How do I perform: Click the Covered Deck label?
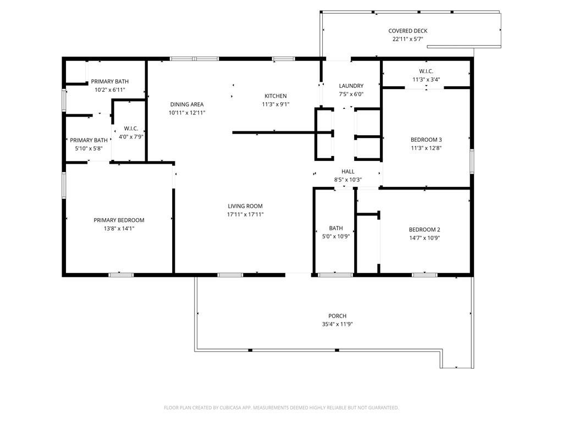click(x=407, y=31)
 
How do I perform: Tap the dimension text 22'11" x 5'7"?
click(x=407, y=39)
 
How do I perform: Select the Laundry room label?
click(x=351, y=86)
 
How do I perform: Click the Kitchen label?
click(x=275, y=96)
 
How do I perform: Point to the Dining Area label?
click(x=187, y=104)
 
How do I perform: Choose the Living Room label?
click(x=245, y=207)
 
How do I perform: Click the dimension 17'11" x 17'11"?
click(x=245, y=214)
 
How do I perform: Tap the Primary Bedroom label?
click(x=119, y=220)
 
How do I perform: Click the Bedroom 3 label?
click(x=426, y=140)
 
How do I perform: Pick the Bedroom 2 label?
click(x=424, y=230)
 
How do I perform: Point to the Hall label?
click(x=347, y=172)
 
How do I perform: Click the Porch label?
click(x=337, y=316)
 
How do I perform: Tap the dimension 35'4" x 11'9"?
click(x=337, y=324)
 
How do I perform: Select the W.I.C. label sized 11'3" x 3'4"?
click(x=426, y=71)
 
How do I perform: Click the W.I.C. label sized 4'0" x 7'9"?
click(x=130, y=129)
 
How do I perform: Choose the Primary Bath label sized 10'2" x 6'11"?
click(x=110, y=81)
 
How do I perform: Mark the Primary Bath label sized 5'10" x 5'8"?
click(x=89, y=141)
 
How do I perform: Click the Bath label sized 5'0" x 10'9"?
click(x=335, y=228)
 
